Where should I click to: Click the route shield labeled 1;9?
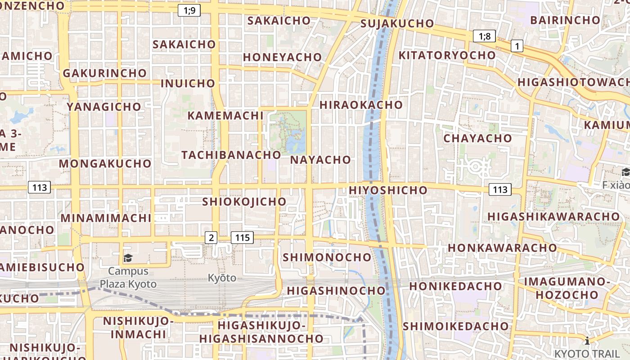click(x=189, y=10)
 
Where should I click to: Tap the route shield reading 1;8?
click(x=484, y=36)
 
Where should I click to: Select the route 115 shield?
click(x=242, y=238)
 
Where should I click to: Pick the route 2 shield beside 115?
click(x=211, y=238)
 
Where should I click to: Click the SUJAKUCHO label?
click(x=397, y=23)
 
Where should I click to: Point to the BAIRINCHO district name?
click(x=565, y=20)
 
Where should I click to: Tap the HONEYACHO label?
click(x=283, y=57)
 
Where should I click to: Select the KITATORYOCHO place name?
click(x=447, y=55)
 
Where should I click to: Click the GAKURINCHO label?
click(x=105, y=73)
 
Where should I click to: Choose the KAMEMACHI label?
click(x=225, y=116)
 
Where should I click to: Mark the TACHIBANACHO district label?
click(x=231, y=155)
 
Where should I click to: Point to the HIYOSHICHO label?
click(x=388, y=190)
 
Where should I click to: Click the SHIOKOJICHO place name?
click(x=244, y=202)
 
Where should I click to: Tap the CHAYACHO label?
click(x=478, y=138)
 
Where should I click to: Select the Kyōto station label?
click(x=222, y=278)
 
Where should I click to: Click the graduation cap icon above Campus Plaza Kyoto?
click(x=128, y=258)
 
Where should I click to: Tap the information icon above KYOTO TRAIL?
click(x=587, y=341)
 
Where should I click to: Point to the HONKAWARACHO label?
click(x=502, y=248)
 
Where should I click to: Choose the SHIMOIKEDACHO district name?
click(x=456, y=326)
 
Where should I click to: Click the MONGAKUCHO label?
click(x=105, y=163)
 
